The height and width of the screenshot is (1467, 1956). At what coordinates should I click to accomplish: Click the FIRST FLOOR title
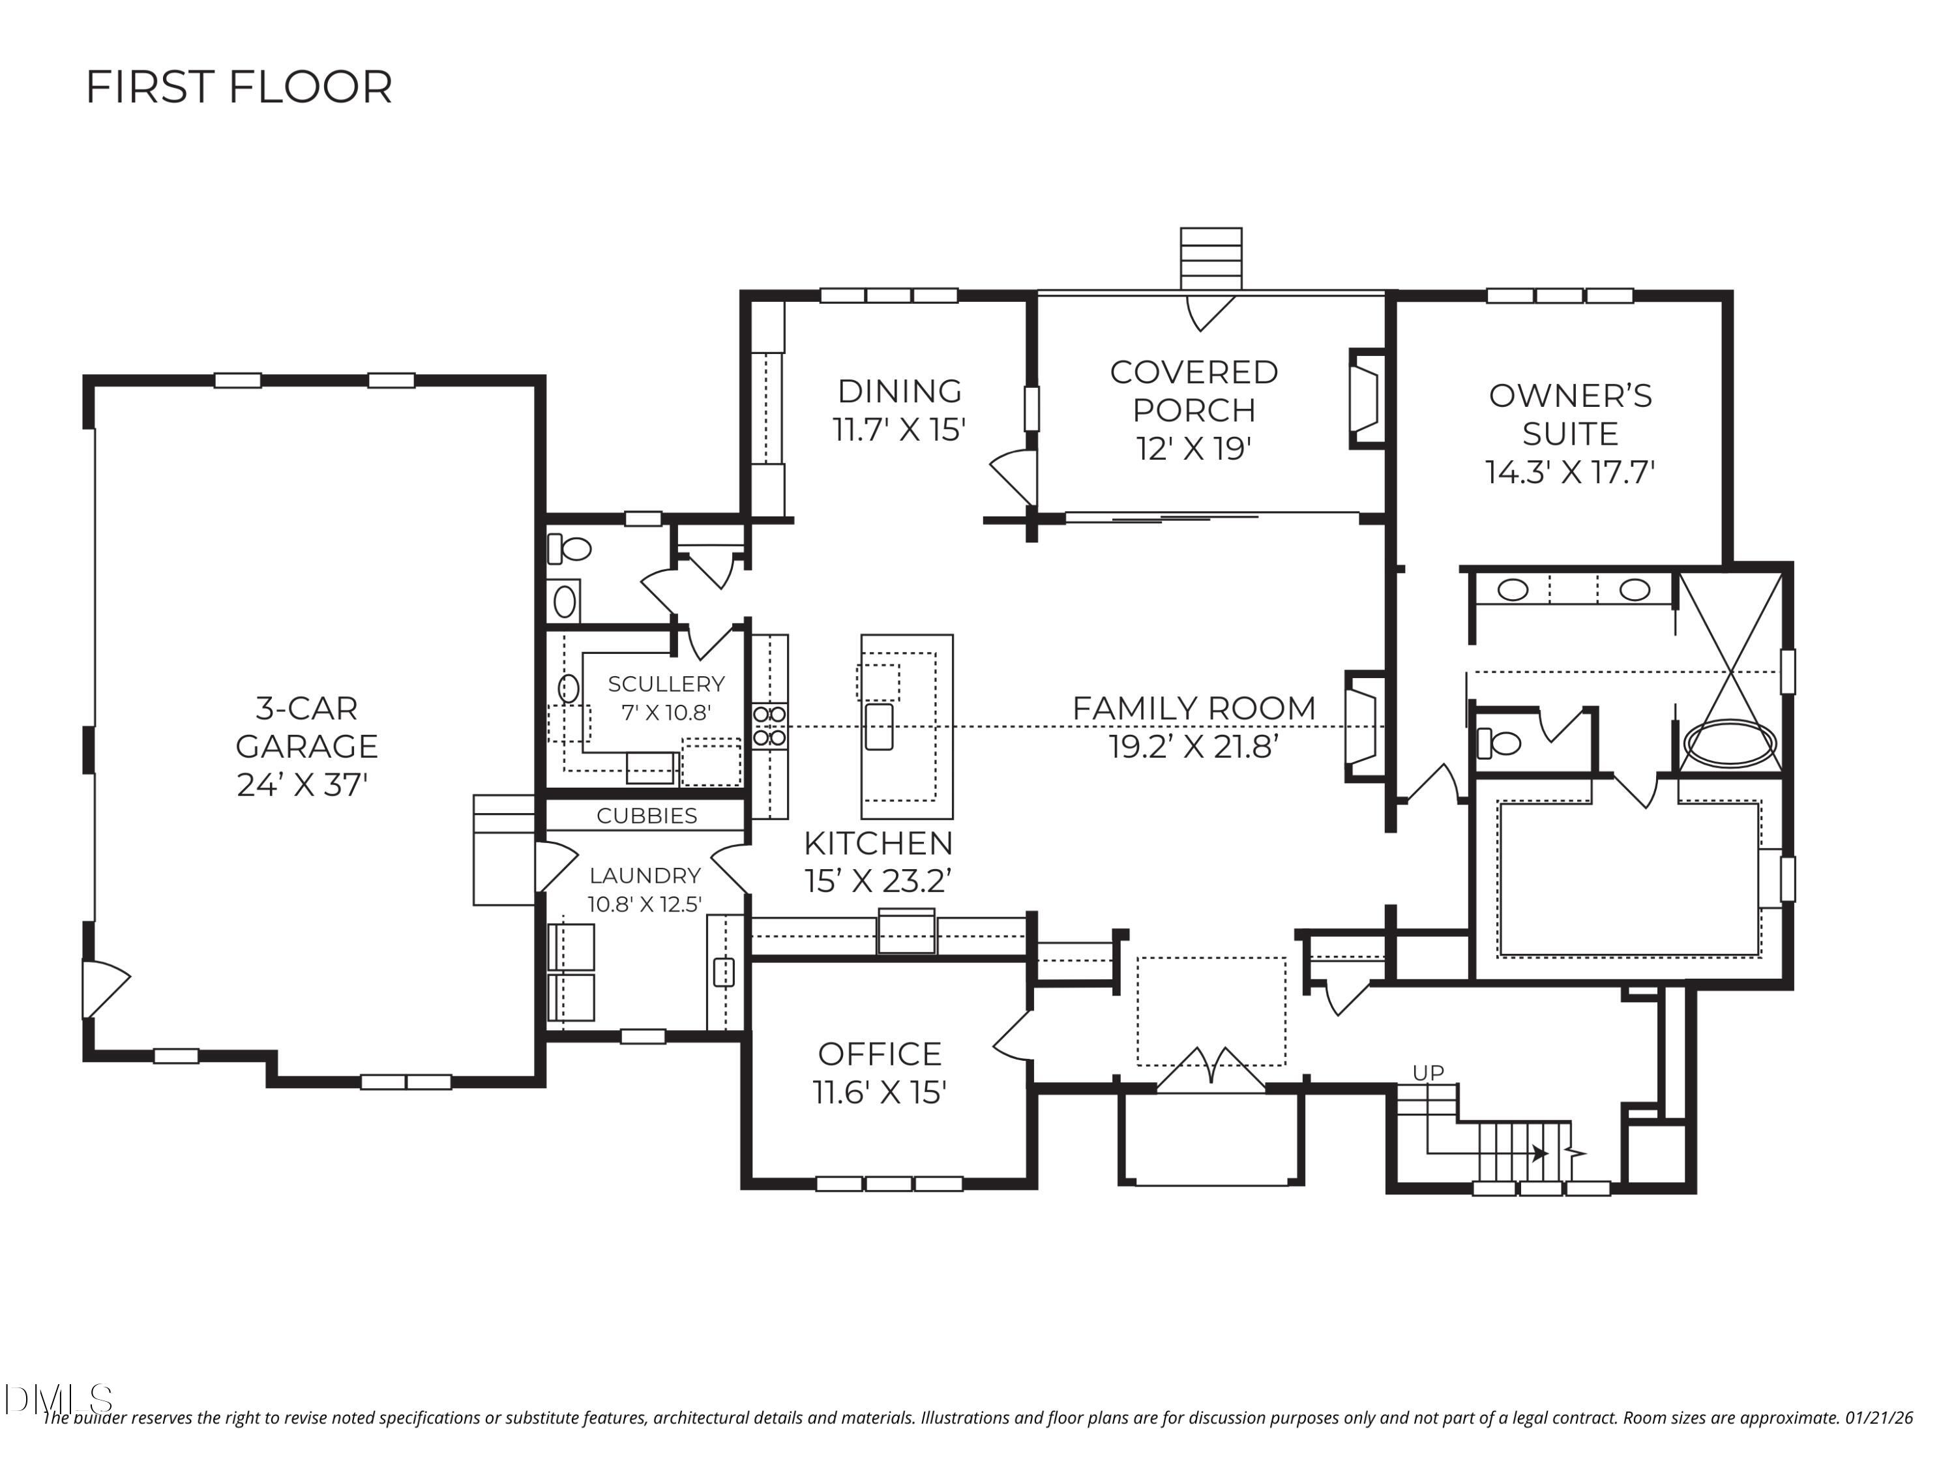239,87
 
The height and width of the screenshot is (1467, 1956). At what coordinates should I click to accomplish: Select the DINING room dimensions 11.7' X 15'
898,430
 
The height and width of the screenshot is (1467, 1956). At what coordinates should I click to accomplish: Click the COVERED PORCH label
1194,391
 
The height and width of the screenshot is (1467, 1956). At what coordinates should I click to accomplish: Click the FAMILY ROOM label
1194,708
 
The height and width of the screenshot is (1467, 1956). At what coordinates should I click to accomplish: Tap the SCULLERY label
666,683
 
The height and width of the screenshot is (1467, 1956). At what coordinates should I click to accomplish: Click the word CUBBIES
646,815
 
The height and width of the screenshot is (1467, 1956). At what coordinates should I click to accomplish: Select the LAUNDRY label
645,876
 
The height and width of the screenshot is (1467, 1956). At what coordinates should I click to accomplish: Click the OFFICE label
879,1054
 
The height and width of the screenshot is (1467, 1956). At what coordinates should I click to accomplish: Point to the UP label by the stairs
1428,1073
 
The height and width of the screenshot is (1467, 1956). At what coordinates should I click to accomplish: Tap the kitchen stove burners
769,726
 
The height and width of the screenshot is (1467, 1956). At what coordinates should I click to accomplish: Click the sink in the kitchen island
879,726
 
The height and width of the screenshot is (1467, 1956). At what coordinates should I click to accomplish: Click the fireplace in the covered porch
1363,398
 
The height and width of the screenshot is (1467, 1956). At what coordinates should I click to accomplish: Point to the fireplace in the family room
1360,726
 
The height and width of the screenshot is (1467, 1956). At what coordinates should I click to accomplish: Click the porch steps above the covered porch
1211,258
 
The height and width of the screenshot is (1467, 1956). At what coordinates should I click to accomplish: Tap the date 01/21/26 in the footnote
1878,1418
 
